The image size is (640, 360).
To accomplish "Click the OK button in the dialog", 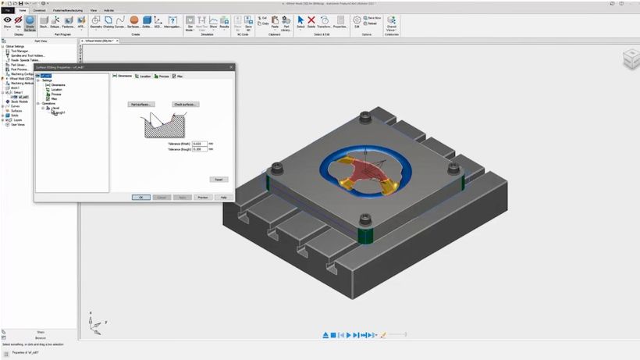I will (x=140, y=198).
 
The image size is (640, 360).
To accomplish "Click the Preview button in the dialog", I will (x=202, y=198).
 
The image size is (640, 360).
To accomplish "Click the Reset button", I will (x=219, y=179).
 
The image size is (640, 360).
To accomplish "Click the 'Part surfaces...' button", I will (x=141, y=104).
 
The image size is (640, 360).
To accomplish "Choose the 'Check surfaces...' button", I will (x=186, y=104).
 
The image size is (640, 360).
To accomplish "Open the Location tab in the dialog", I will (x=143, y=77).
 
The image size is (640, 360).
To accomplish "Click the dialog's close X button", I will (x=231, y=67).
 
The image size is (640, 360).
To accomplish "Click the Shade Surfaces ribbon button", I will (x=30, y=22).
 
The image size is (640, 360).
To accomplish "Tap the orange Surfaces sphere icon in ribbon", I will (x=134, y=20).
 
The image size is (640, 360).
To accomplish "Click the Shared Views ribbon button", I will (x=392, y=23).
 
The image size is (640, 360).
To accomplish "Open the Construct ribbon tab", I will (x=39, y=10).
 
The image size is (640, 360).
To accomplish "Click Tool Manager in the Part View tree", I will (x=20, y=51).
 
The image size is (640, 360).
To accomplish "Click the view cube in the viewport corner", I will (x=629, y=59).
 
